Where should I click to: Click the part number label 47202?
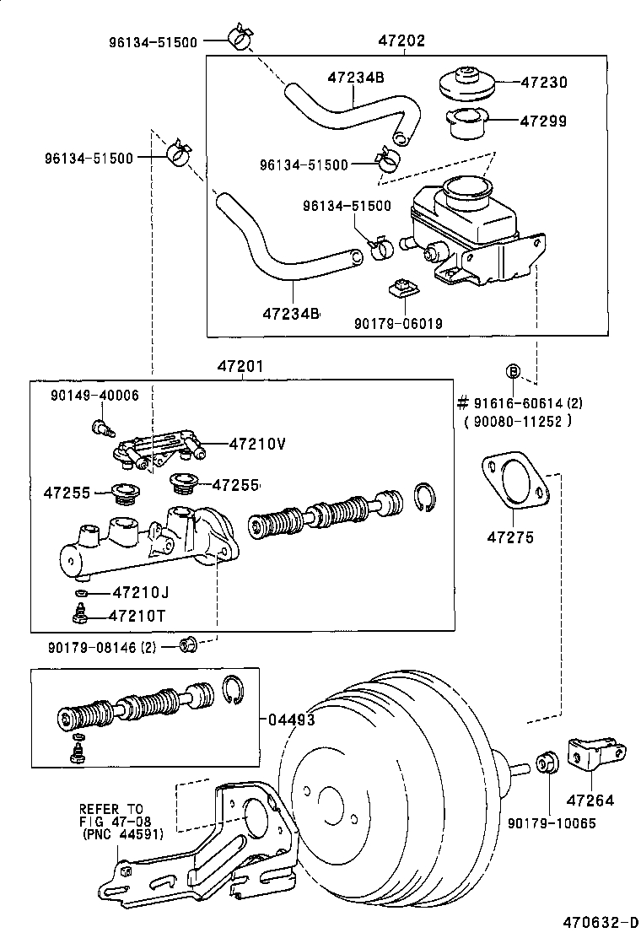401,40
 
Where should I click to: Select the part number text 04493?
292,719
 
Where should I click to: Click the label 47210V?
257,443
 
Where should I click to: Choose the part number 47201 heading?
241,366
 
